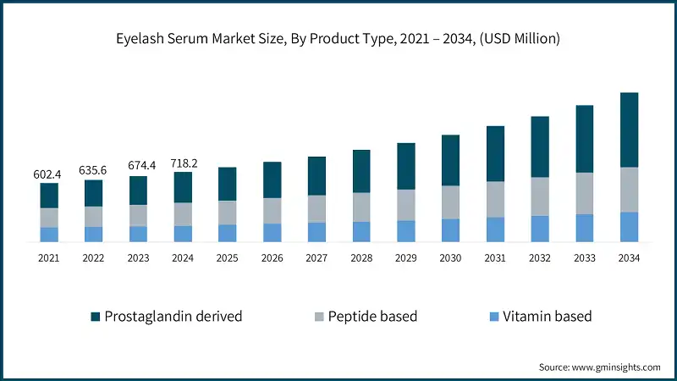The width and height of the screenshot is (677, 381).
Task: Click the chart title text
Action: point(338,39)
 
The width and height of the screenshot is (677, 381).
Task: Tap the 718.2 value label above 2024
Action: point(183,163)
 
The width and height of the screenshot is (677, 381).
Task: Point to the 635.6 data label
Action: point(93,170)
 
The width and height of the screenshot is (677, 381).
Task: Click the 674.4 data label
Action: point(138,167)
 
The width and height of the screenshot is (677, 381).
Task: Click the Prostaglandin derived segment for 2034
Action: point(629,130)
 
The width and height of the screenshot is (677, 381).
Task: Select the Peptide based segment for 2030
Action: point(450,202)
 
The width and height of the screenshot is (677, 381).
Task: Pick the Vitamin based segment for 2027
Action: point(316,232)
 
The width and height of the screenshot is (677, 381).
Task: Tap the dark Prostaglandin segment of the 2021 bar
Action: point(49,196)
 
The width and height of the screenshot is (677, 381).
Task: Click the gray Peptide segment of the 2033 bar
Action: point(584,193)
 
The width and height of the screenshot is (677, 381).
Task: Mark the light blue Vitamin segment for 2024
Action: point(183,234)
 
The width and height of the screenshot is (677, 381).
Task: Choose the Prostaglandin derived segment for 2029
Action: point(406,166)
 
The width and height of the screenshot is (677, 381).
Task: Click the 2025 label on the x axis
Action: point(227,257)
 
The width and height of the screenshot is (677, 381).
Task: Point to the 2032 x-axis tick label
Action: point(539,257)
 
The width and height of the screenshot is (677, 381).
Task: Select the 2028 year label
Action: point(361,257)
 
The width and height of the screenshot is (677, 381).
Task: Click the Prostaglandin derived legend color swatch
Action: point(96,317)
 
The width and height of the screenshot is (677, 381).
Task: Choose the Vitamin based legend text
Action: point(547,317)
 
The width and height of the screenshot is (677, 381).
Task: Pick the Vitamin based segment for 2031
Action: point(495,229)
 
